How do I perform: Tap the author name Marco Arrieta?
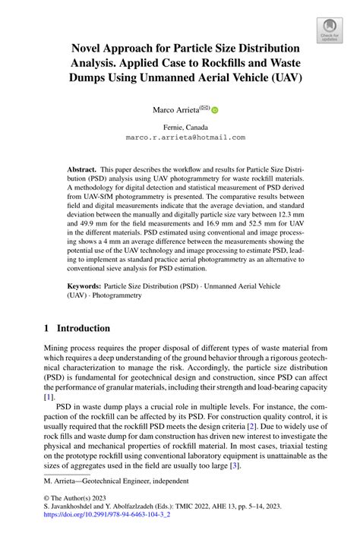[x=175, y=110]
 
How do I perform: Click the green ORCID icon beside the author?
[x=215, y=110]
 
